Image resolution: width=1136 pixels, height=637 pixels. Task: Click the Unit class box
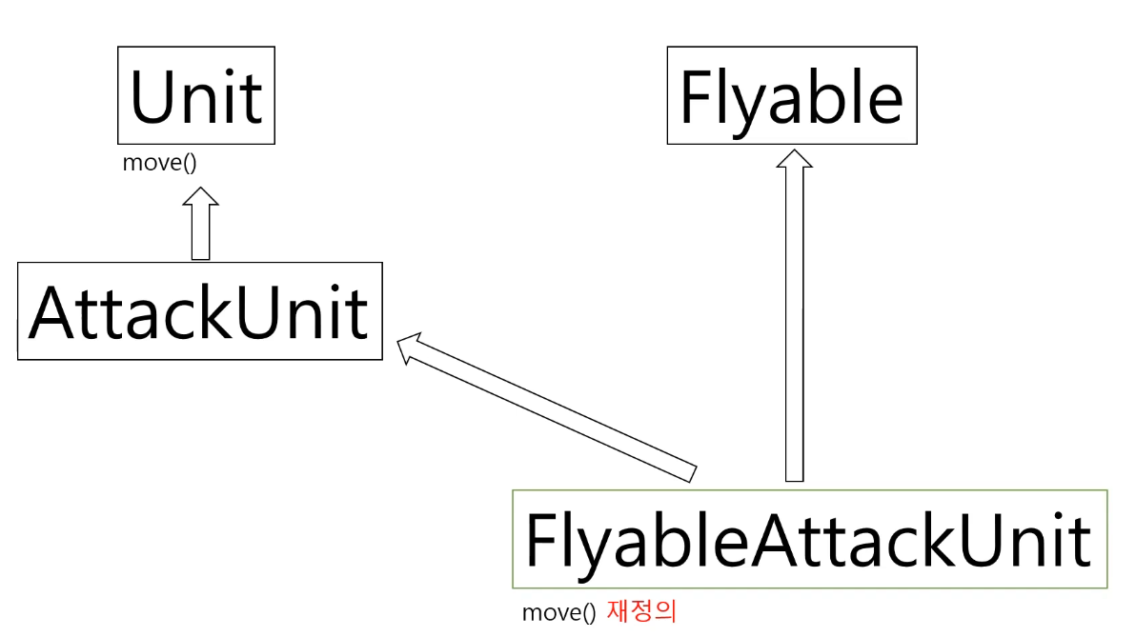pos(195,95)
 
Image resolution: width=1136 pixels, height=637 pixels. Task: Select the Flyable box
pos(791,95)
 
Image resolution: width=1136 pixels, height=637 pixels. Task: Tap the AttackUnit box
pos(199,311)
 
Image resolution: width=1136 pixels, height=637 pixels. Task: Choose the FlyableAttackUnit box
pos(809,539)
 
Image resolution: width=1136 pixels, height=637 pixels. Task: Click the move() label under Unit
pos(159,162)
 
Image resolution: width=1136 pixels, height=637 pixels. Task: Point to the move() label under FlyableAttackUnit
pos(558,612)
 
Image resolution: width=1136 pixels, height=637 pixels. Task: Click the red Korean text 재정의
pos(641,610)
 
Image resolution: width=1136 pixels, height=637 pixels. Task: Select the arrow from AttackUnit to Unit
pos(200,229)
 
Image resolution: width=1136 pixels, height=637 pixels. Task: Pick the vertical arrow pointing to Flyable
pos(794,324)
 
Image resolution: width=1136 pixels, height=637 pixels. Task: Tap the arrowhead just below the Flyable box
pos(794,159)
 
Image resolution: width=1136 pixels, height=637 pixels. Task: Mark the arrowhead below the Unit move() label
pos(200,196)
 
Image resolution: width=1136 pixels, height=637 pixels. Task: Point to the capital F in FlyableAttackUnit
pos(538,540)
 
